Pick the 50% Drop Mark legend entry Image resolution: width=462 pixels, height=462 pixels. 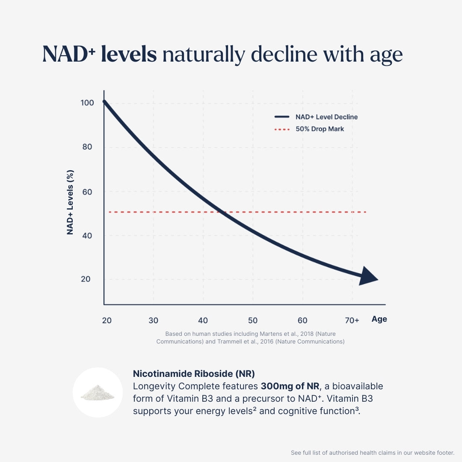tap(320, 129)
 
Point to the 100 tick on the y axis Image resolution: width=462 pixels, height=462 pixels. tap(87, 103)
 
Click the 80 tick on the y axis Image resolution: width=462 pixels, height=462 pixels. tap(87, 147)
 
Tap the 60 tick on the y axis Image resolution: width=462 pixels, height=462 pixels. tap(87, 191)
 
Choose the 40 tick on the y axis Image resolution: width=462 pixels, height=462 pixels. tap(87, 235)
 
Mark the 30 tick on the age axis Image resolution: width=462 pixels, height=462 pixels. tap(154, 320)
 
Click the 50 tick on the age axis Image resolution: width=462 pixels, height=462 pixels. tap(253, 320)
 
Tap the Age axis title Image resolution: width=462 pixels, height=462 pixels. tap(379, 319)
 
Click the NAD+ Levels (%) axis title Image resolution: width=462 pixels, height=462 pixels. tap(71, 202)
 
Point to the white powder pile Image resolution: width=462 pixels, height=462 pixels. tap(98, 392)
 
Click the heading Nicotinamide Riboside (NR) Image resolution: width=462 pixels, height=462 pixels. tap(194, 373)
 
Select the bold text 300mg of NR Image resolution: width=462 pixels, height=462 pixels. tap(290, 386)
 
